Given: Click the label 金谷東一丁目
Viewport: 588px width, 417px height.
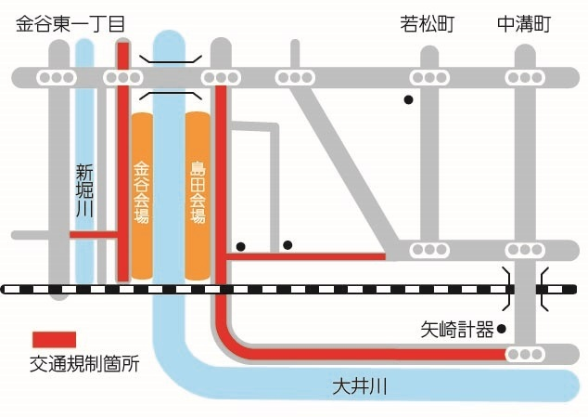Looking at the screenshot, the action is coord(70,24).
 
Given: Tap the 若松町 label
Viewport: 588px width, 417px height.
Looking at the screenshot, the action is coord(428,24).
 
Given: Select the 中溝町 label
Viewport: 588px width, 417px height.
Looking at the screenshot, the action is coord(524,24).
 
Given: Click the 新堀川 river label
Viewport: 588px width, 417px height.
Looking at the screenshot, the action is coord(84,190).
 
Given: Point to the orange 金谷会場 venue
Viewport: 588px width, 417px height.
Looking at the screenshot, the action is coord(142,196).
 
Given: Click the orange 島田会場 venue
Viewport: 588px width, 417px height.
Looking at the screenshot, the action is coord(198,196).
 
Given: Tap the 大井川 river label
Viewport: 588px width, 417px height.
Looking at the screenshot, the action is coord(360,386).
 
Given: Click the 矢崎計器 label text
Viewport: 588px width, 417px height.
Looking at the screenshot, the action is coord(457,330).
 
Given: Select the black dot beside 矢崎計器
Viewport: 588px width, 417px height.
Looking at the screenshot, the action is coord(502,329).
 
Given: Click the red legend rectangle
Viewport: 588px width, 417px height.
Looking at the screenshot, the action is coord(55,340).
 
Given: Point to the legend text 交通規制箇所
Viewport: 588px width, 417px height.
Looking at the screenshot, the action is coord(84,363).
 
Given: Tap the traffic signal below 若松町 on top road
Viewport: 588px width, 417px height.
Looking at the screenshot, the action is coord(429,78).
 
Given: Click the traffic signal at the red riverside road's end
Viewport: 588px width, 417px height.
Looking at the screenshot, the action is coord(525,354).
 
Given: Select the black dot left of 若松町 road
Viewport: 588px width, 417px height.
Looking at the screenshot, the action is coord(408,100).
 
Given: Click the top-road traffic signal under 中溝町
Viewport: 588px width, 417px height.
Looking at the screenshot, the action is coord(525,78).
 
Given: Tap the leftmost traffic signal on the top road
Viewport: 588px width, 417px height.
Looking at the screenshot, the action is coord(57,78).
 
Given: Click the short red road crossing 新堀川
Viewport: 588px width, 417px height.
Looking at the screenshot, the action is coord(94,235).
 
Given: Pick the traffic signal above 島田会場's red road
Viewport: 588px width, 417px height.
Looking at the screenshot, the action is coord(221,78).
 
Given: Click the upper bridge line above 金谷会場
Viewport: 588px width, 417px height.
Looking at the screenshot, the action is coord(171,59).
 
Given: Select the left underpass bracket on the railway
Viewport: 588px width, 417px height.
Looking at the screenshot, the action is coord(507,289).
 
